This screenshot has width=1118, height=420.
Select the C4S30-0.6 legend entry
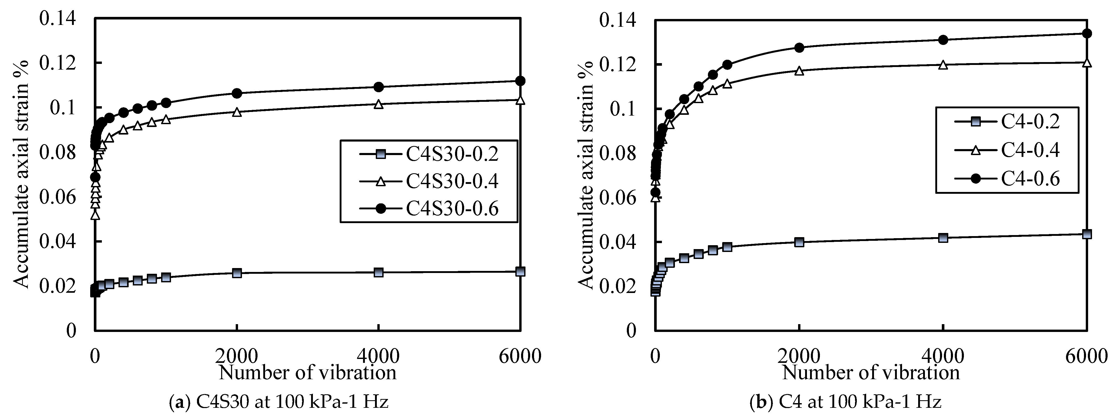point(451,209)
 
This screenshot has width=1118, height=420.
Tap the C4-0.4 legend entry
point(1029,150)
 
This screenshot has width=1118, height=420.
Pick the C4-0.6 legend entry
point(1029,179)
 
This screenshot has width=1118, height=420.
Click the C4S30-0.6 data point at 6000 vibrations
point(520,81)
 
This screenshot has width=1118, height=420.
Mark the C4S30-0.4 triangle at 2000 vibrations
point(236,112)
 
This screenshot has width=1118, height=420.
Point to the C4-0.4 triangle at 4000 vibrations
point(943,65)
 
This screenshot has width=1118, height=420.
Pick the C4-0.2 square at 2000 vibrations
point(799,242)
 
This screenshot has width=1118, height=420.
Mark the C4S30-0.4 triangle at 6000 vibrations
point(520,100)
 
